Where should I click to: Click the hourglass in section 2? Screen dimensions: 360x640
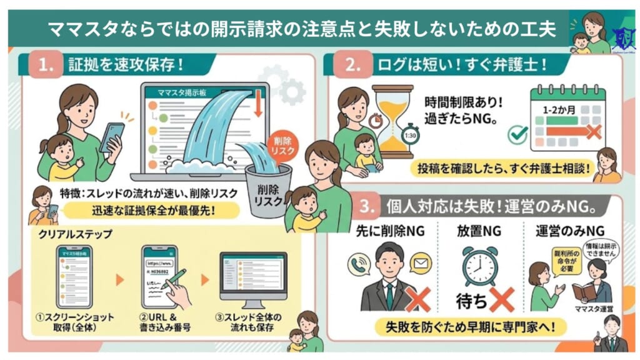point(392,122)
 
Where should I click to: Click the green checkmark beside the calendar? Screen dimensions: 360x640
point(517,134)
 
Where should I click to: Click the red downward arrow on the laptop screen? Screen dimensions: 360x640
point(257,103)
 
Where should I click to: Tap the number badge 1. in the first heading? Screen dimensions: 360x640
point(46,64)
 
